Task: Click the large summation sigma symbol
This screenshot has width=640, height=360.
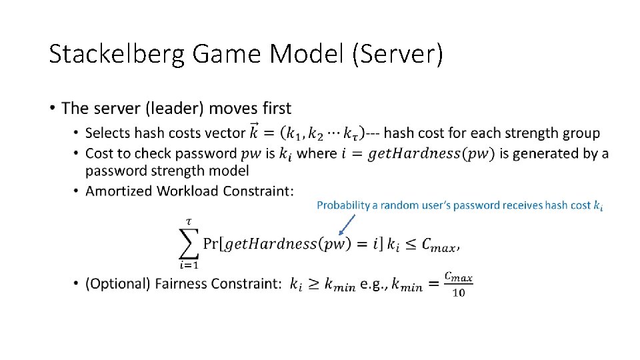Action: (x=190, y=243)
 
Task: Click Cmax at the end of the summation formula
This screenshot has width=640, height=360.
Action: (x=438, y=245)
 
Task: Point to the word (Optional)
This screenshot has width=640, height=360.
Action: (x=117, y=284)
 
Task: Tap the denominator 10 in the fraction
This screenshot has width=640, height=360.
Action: (x=459, y=293)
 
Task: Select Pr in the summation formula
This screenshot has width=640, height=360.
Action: (x=211, y=244)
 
